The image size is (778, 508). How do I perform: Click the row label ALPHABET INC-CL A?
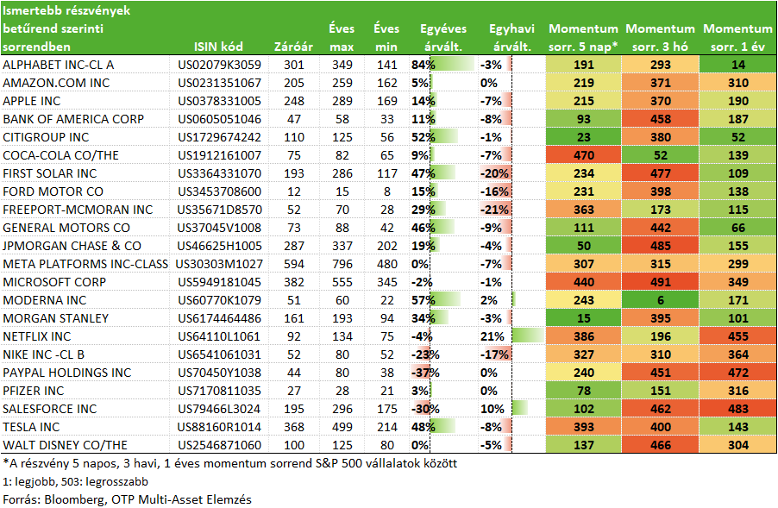click(58, 65)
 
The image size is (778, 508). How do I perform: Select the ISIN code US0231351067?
click(219, 83)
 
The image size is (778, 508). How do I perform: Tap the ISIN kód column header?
click(218, 47)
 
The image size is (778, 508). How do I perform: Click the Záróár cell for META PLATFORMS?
click(294, 264)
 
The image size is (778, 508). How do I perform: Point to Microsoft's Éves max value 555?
click(342, 282)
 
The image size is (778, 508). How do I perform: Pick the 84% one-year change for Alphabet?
click(423, 65)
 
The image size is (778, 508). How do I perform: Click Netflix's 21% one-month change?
click(492, 337)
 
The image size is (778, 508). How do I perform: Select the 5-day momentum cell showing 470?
click(583, 155)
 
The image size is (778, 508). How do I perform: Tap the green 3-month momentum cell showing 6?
click(661, 300)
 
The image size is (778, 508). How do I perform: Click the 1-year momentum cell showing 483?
click(737, 410)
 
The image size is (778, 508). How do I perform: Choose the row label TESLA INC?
click(31, 427)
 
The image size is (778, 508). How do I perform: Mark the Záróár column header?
click(293, 47)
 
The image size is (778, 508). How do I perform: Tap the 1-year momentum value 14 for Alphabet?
click(737, 65)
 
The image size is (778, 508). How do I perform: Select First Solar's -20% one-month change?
click(494, 173)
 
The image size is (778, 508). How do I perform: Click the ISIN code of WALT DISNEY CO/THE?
click(219, 446)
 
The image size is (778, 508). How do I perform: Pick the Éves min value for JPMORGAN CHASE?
click(387, 246)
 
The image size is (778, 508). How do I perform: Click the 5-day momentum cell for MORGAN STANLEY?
click(583, 318)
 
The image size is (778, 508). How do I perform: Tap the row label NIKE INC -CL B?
click(44, 354)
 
